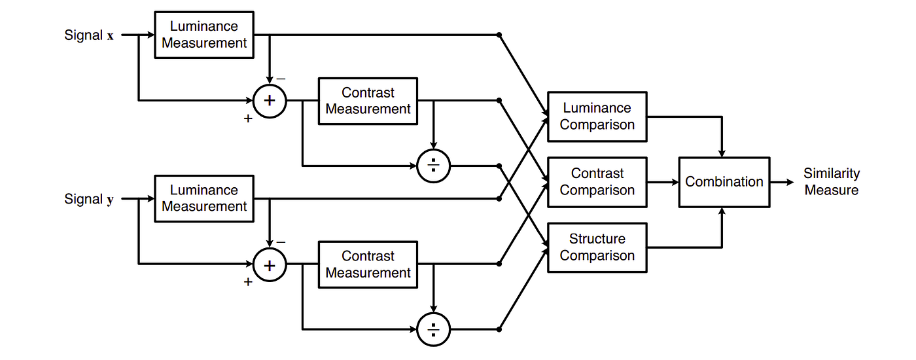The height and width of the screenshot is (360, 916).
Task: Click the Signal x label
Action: tap(89, 35)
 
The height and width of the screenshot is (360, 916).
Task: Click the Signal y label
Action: tap(89, 199)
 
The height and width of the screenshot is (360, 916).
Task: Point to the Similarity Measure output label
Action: tap(832, 182)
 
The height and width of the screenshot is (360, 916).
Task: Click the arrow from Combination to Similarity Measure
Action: tap(782, 182)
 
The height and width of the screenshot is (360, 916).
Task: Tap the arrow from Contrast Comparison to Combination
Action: tap(663, 182)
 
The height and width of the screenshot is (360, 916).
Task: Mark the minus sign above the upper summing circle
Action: tap(281, 79)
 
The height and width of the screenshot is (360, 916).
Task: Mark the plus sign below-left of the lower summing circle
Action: tap(248, 282)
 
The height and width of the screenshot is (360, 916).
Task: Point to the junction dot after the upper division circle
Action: tap(499, 166)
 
